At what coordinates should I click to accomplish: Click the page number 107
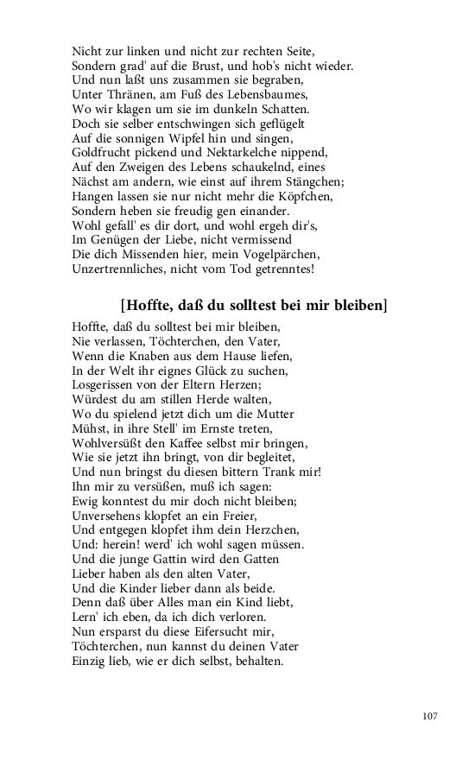431,715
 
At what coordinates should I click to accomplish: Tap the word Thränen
127,94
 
